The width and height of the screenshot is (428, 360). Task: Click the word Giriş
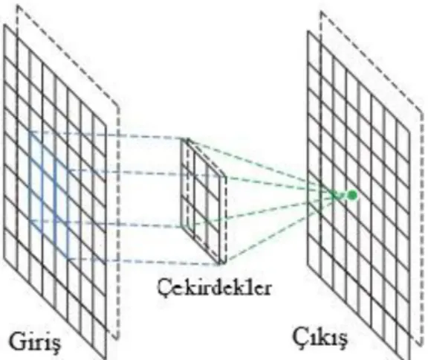pos(35,343)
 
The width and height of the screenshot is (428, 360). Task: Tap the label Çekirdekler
pos(214,288)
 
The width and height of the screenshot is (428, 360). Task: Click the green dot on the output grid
pos(352,195)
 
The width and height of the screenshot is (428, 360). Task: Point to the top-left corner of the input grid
pos(4,25)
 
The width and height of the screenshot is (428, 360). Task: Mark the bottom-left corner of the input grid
pos(4,257)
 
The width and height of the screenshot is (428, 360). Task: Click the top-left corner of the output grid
pos(308,30)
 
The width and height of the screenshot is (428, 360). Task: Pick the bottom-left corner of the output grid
pos(308,264)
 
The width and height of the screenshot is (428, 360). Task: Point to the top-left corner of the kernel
pos(182,139)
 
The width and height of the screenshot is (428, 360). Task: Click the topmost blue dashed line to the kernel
pos(106,135)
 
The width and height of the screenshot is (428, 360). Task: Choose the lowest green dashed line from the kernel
pos(281,228)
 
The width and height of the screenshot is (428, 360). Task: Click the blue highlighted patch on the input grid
pos(49,194)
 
